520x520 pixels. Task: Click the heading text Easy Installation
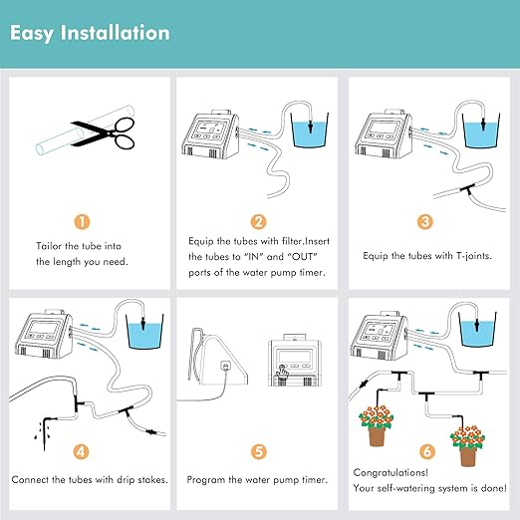click(x=90, y=33)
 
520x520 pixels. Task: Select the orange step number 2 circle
click(x=259, y=222)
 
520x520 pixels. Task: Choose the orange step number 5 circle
click(x=259, y=451)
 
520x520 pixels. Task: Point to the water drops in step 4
click(x=40, y=427)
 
